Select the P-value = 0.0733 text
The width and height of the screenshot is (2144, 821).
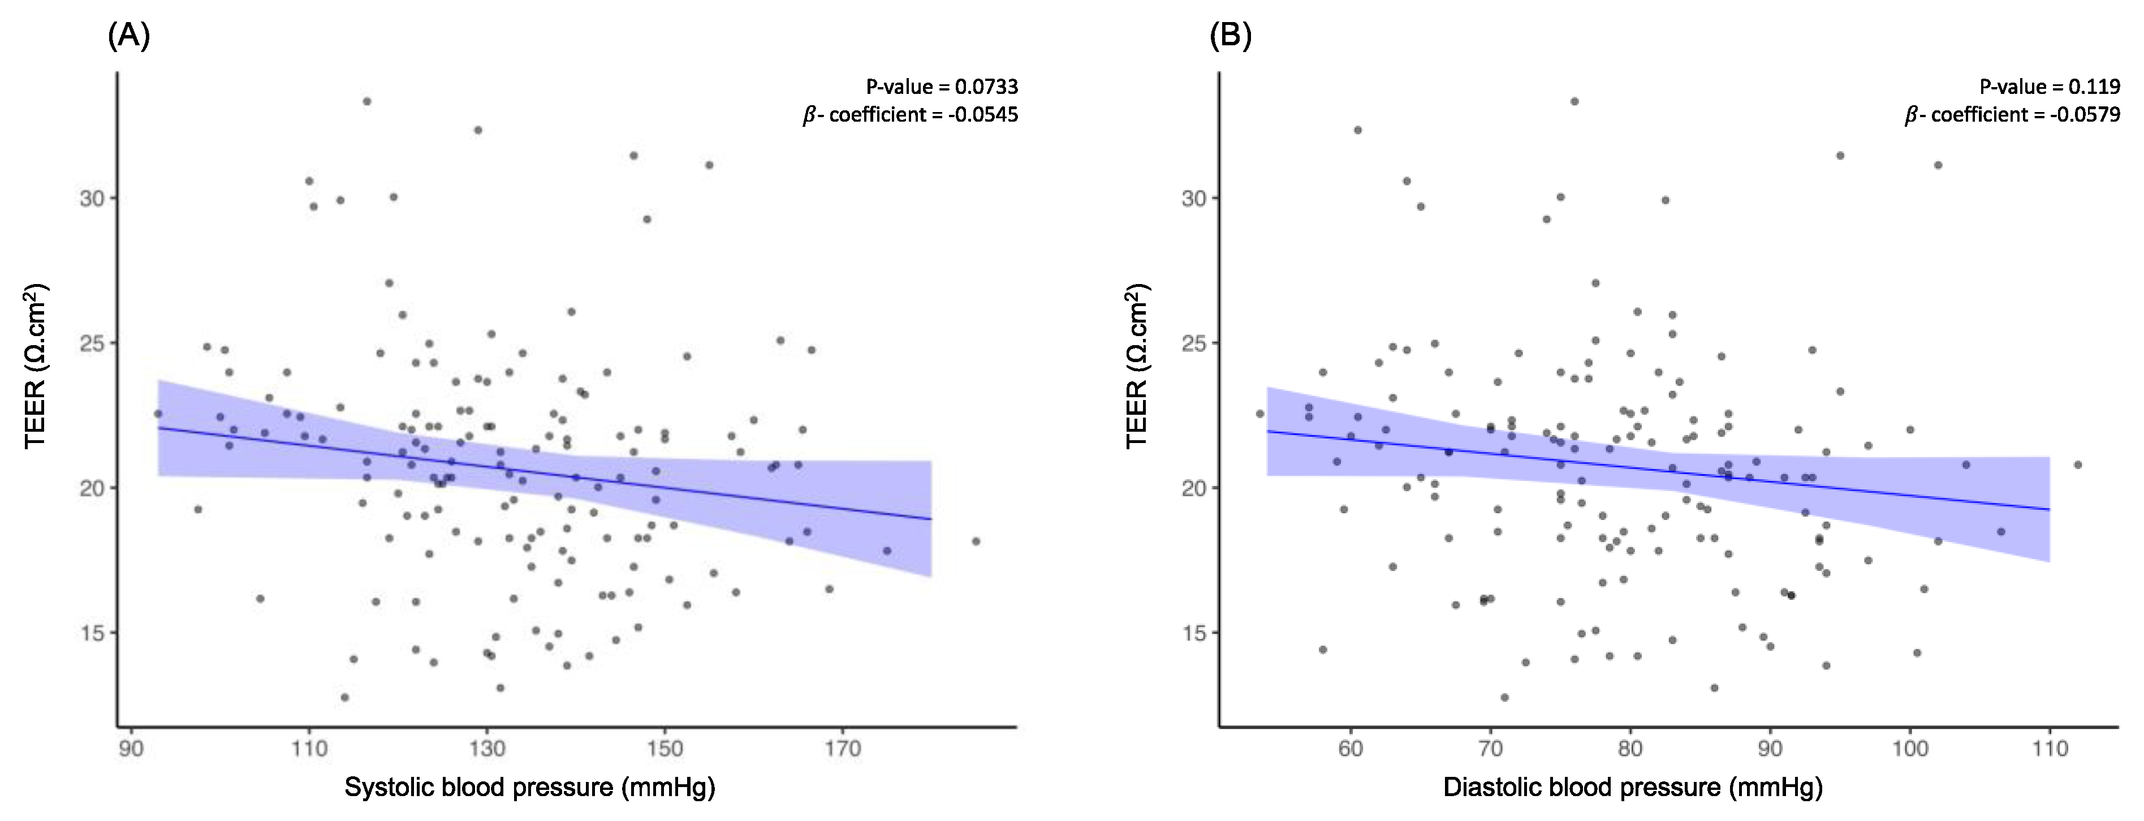(941, 87)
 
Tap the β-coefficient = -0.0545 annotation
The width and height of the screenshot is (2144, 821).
(910, 115)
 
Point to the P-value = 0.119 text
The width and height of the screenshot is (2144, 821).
(2049, 87)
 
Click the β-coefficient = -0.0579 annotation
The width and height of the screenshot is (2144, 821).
(2012, 115)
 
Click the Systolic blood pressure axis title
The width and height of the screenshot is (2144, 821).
(530, 787)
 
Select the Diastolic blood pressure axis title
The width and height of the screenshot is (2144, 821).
(1633, 787)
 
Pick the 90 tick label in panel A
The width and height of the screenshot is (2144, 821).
(131, 749)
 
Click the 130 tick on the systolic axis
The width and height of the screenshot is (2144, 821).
(487, 749)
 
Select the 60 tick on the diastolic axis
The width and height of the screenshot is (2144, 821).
(1350, 749)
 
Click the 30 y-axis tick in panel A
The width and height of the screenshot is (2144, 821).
(92, 198)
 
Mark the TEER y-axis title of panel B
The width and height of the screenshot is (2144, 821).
(1138, 367)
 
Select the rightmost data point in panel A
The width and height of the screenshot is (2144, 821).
(976, 541)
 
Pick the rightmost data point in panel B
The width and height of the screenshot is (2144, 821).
(2077, 465)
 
